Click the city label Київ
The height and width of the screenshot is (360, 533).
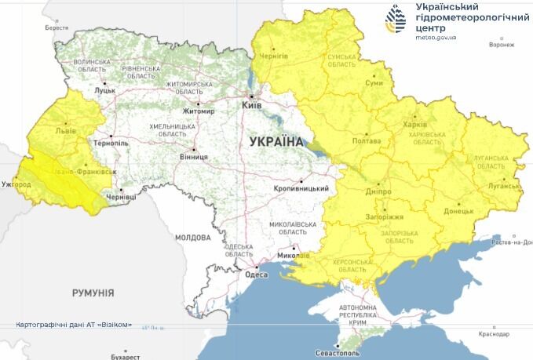tap(252, 104)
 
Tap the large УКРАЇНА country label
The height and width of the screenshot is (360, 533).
tap(276, 142)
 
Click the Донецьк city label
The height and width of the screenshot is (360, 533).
tap(458, 211)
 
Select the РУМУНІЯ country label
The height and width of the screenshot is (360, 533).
tap(93, 293)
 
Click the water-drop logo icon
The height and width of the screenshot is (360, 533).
tap(394, 19)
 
